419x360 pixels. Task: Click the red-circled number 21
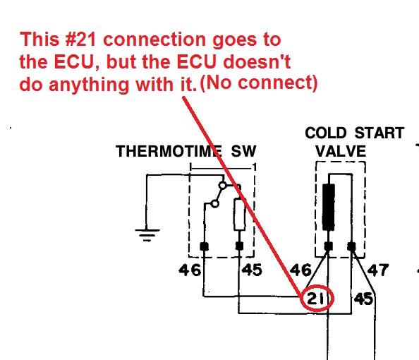point(315,298)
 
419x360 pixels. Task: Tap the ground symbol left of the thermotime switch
point(147,235)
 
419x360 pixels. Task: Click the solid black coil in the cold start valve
point(329,207)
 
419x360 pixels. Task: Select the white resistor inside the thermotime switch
point(239,214)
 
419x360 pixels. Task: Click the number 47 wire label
point(377,270)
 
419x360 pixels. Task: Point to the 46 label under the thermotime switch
point(190,270)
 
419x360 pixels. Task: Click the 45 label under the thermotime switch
point(252,270)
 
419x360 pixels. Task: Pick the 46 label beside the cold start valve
point(300,270)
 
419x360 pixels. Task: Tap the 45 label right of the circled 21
point(363,299)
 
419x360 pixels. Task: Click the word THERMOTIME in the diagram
point(169,151)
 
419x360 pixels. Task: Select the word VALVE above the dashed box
point(341,151)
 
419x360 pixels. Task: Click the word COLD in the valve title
point(325,133)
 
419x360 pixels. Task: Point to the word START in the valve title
point(379,133)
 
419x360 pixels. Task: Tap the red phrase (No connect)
point(259,83)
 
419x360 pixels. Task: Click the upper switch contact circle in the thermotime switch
point(222,185)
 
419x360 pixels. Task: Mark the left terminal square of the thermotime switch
point(205,246)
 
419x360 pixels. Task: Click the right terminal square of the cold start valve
point(352,246)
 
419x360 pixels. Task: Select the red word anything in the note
point(89,85)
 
